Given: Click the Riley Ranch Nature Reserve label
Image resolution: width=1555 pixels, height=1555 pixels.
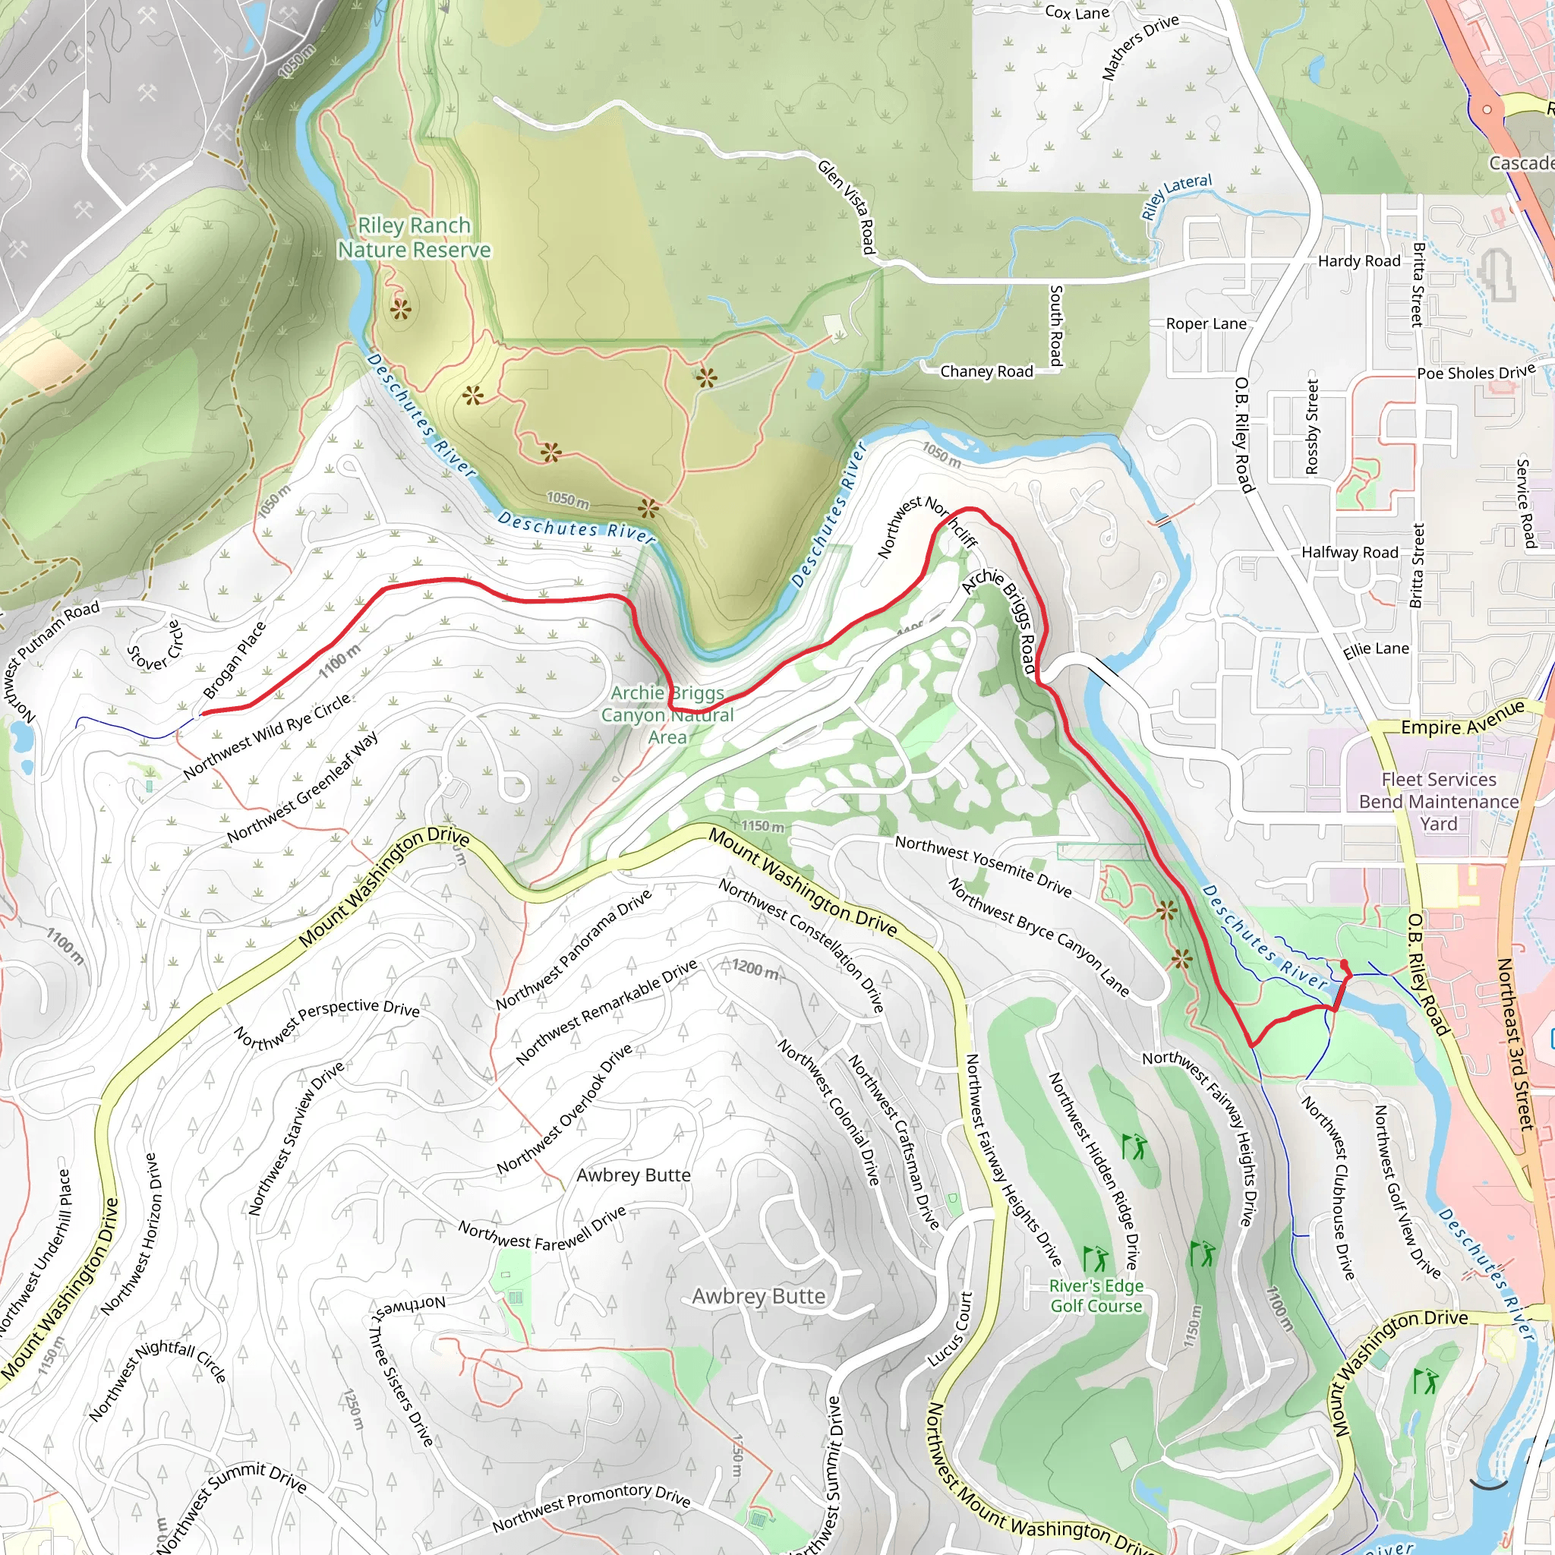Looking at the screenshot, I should click(414, 238).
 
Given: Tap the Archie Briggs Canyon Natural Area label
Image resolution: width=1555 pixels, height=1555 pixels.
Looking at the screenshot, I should click(667, 714).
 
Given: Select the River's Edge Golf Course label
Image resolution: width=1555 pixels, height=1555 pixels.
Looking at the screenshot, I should click(1096, 1295).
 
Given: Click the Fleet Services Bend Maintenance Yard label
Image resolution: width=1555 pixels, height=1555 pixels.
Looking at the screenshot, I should click(1438, 802).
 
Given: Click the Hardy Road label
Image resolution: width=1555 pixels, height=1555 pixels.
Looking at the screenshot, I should click(1358, 260).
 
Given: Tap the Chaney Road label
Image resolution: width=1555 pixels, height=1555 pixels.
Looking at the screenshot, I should click(986, 371).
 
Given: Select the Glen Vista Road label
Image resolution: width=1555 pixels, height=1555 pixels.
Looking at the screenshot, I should click(846, 206).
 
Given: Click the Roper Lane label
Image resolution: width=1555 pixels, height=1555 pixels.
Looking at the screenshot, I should click(1206, 323).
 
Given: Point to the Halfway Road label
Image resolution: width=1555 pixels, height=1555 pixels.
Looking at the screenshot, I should click(1350, 552).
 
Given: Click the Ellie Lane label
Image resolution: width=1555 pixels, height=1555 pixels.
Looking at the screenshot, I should click(1376, 648).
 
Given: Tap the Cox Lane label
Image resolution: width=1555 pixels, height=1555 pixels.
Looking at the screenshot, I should click(1076, 12).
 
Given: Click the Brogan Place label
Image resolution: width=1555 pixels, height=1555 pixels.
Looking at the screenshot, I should click(233, 660).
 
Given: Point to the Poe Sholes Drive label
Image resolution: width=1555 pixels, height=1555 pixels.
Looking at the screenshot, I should click(1475, 373).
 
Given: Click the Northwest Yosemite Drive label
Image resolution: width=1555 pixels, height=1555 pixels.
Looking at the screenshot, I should click(983, 866).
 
